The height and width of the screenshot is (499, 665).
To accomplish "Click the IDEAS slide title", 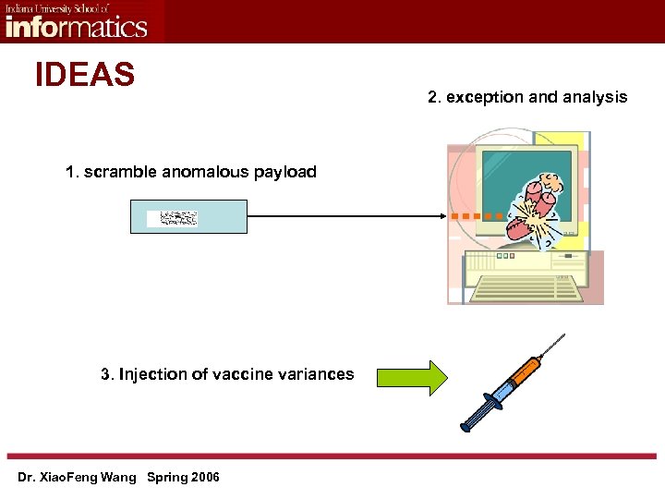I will [x=85, y=74].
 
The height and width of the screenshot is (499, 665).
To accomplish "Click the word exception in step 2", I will [x=482, y=97].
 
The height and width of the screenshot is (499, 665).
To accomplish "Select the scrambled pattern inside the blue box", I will [x=178, y=218].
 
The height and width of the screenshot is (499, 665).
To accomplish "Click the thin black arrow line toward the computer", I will [x=342, y=216].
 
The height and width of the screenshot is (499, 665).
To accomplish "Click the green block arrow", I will [x=410, y=378].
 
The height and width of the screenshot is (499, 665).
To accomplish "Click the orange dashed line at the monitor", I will [x=476, y=216].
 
